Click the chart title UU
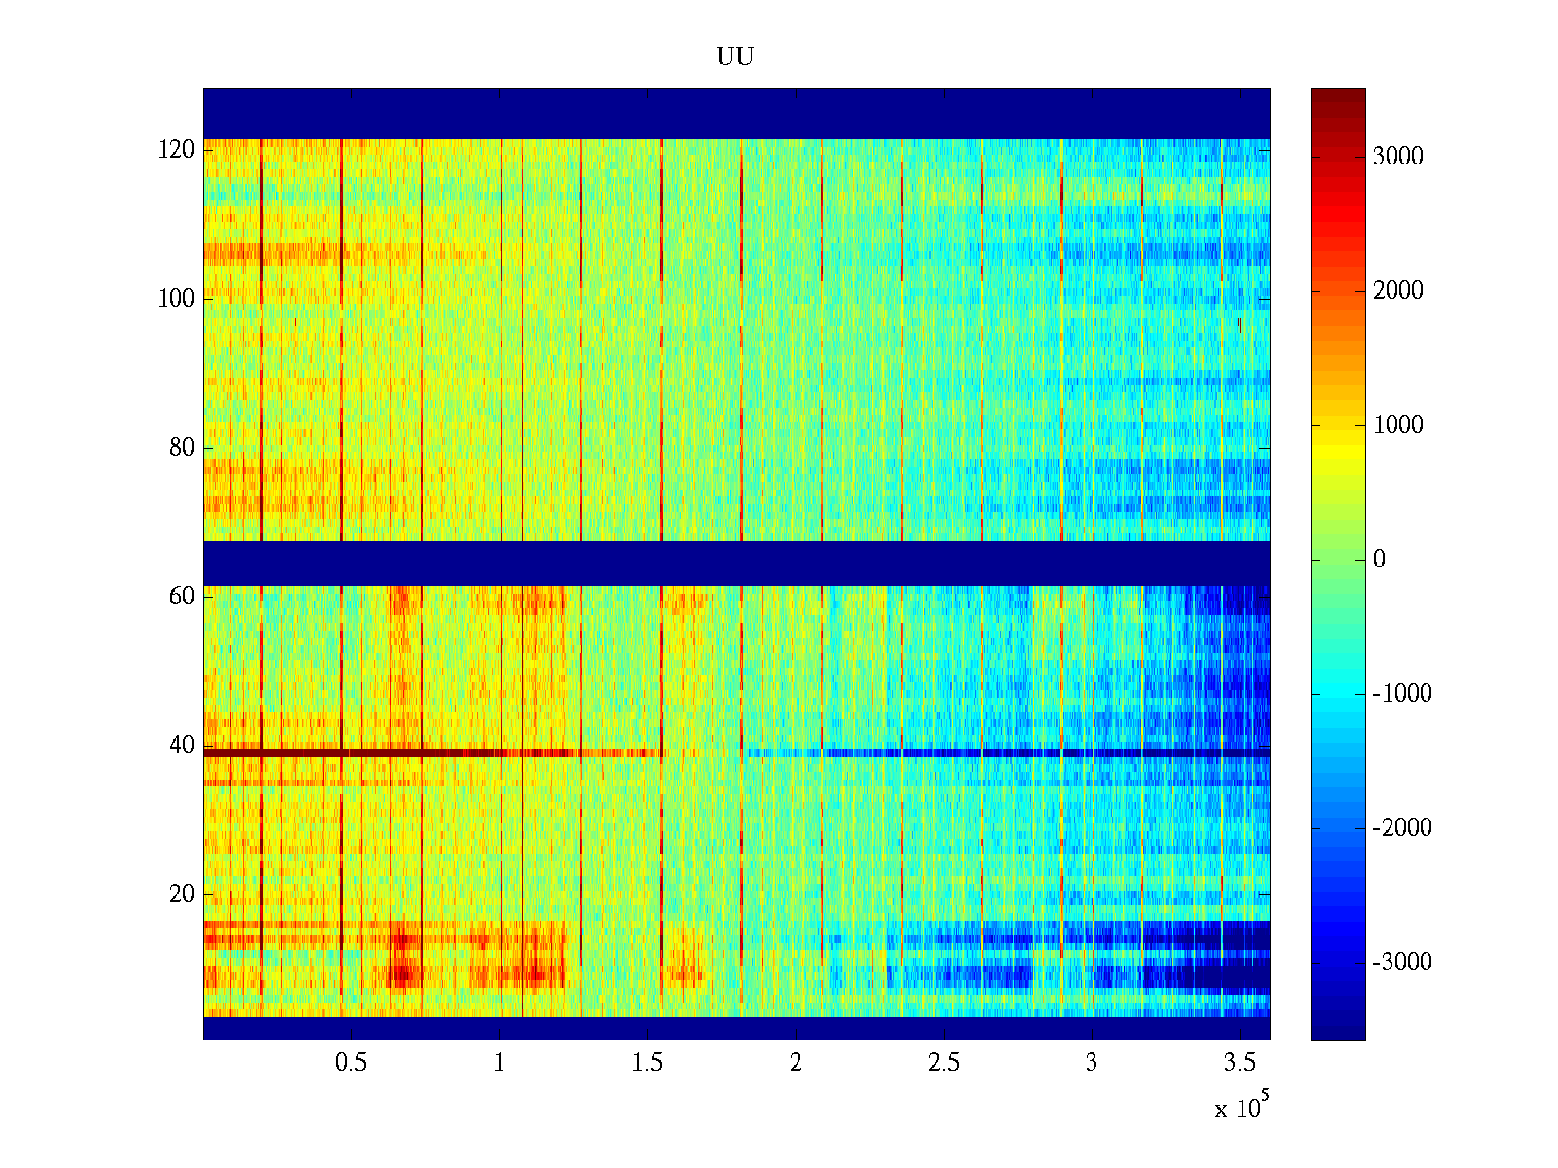735,57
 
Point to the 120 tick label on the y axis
176,150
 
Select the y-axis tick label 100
176,299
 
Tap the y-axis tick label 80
182,448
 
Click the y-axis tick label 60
182,597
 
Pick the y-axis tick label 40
182,746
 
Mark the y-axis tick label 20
182,894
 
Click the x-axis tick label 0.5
351,1063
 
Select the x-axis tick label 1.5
648,1063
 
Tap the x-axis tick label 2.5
944,1063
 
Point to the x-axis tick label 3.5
1240,1063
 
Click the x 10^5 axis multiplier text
1242,1108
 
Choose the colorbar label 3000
1397,157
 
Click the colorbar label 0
1379,560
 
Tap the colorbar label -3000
1402,963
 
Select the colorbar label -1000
1402,694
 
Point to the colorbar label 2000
1397,291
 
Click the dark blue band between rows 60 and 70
735,564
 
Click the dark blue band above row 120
735,113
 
